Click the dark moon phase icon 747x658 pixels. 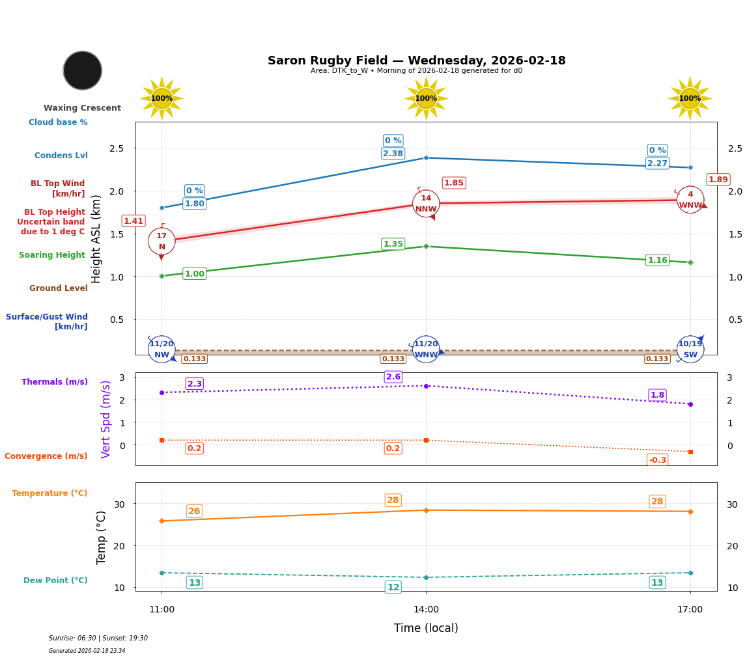tap(83, 70)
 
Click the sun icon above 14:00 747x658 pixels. tap(426, 98)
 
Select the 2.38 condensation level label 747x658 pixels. tap(393, 154)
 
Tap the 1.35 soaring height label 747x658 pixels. tap(393, 244)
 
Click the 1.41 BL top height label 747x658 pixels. tap(134, 221)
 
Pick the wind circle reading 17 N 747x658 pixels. tap(162, 241)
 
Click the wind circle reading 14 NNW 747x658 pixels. tap(426, 204)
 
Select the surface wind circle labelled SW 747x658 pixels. tap(690, 350)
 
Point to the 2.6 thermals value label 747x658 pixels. tap(393, 377)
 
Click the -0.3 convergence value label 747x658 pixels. tap(657, 460)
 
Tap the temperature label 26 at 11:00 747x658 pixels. tap(194, 512)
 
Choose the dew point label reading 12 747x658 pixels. tap(393, 587)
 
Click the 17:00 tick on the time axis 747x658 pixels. tap(690, 610)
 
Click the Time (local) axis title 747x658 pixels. tap(426, 628)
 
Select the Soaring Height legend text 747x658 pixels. tap(52, 255)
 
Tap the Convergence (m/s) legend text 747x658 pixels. tap(46, 456)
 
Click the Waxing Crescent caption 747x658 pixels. tap(82, 108)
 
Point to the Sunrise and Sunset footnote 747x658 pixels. tap(98, 638)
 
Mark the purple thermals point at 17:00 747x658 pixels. tap(690, 404)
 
